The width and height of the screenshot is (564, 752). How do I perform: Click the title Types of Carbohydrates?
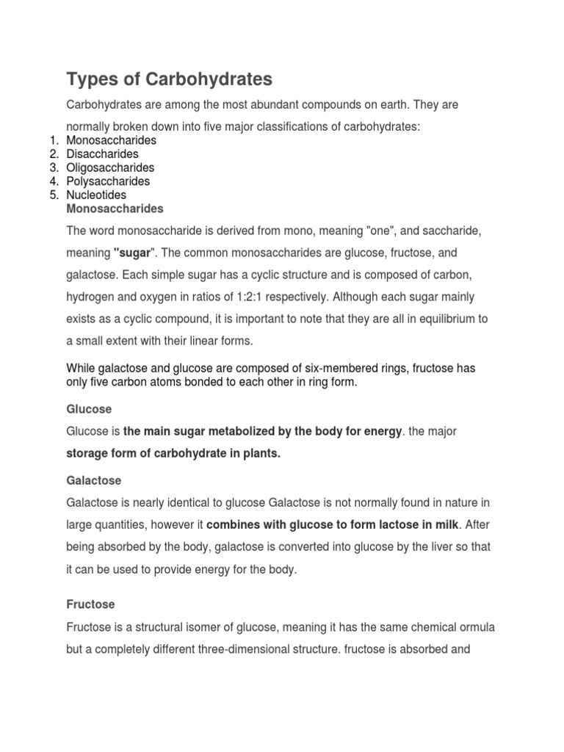click(x=169, y=79)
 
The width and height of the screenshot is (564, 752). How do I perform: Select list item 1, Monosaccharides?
click(x=111, y=140)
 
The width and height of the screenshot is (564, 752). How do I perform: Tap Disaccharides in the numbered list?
click(x=102, y=154)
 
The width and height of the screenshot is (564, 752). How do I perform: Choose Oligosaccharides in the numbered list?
click(x=110, y=167)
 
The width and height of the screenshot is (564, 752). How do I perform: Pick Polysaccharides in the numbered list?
click(x=108, y=181)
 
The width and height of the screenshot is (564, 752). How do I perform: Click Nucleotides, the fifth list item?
click(x=96, y=195)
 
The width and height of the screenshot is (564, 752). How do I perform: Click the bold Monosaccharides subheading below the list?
click(x=115, y=209)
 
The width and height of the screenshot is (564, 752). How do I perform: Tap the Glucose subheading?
click(x=89, y=408)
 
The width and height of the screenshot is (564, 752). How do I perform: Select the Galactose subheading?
click(x=94, y=480)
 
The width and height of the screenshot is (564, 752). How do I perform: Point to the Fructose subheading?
click(x=90, y=604)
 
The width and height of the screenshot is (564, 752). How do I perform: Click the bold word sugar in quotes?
click(x=134, y=253)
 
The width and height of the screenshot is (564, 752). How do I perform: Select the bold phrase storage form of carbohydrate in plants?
click(x=173, y=454)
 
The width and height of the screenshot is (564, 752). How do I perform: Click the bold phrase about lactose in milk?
click(x=333, y=525)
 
